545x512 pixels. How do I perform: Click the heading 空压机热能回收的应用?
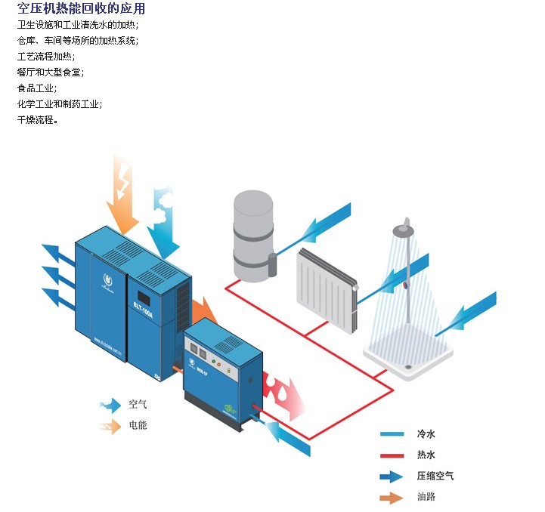tap(81, 9)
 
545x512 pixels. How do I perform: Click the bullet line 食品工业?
tap(36, 88)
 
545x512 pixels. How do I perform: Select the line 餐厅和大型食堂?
tap(50, 72)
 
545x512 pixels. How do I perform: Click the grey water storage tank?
tap(253, 234)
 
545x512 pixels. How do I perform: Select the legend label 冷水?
tap(426, 434)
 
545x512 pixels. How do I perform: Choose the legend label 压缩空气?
tap(435, 477)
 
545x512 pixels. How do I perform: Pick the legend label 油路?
tap(426, 497)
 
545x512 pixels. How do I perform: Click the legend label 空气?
tap(138, 404)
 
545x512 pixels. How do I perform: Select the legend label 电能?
tap(138, 425)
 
